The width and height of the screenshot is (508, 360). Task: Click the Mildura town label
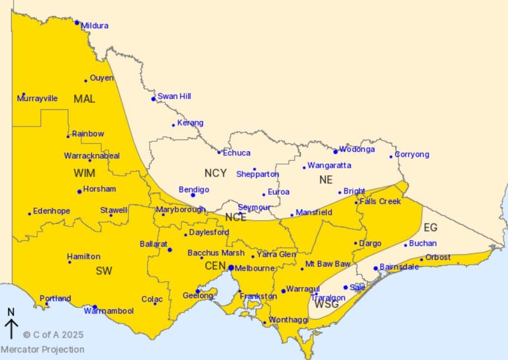(x=95, y=26)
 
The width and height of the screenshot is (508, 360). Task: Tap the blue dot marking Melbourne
(x=231, y=268)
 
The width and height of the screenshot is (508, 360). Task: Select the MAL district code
(x=84, y=99)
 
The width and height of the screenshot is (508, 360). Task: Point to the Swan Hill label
(x=174, y=96)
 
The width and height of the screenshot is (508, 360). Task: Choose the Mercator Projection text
(x=42, y=349)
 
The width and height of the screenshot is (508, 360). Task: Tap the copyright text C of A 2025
(x=54, y=335)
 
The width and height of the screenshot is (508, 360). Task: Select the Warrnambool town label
(x=108, y=311)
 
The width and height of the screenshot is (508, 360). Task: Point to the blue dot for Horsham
(x=79, y=191)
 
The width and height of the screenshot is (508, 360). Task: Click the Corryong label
(x=412, y=155)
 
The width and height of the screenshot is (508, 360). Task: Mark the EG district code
(x=430, y=227)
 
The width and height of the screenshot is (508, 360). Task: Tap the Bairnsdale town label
(x=399, y=266)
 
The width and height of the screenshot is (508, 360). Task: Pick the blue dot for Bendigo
(x=192, y=195)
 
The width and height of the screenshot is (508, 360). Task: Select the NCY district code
(x=215, y=173)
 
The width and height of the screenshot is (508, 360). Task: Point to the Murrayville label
(x=37, y=98)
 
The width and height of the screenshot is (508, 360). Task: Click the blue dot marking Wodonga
(x=336, y=152)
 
